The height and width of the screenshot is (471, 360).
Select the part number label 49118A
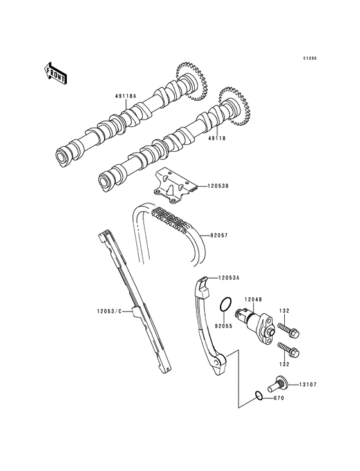point(126,96)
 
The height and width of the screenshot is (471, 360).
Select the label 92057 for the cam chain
point(219,235)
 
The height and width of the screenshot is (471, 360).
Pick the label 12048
point(253,299)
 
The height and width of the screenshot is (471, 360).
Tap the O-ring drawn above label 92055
point(224,304)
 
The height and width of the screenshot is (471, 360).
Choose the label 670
point(278,398)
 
